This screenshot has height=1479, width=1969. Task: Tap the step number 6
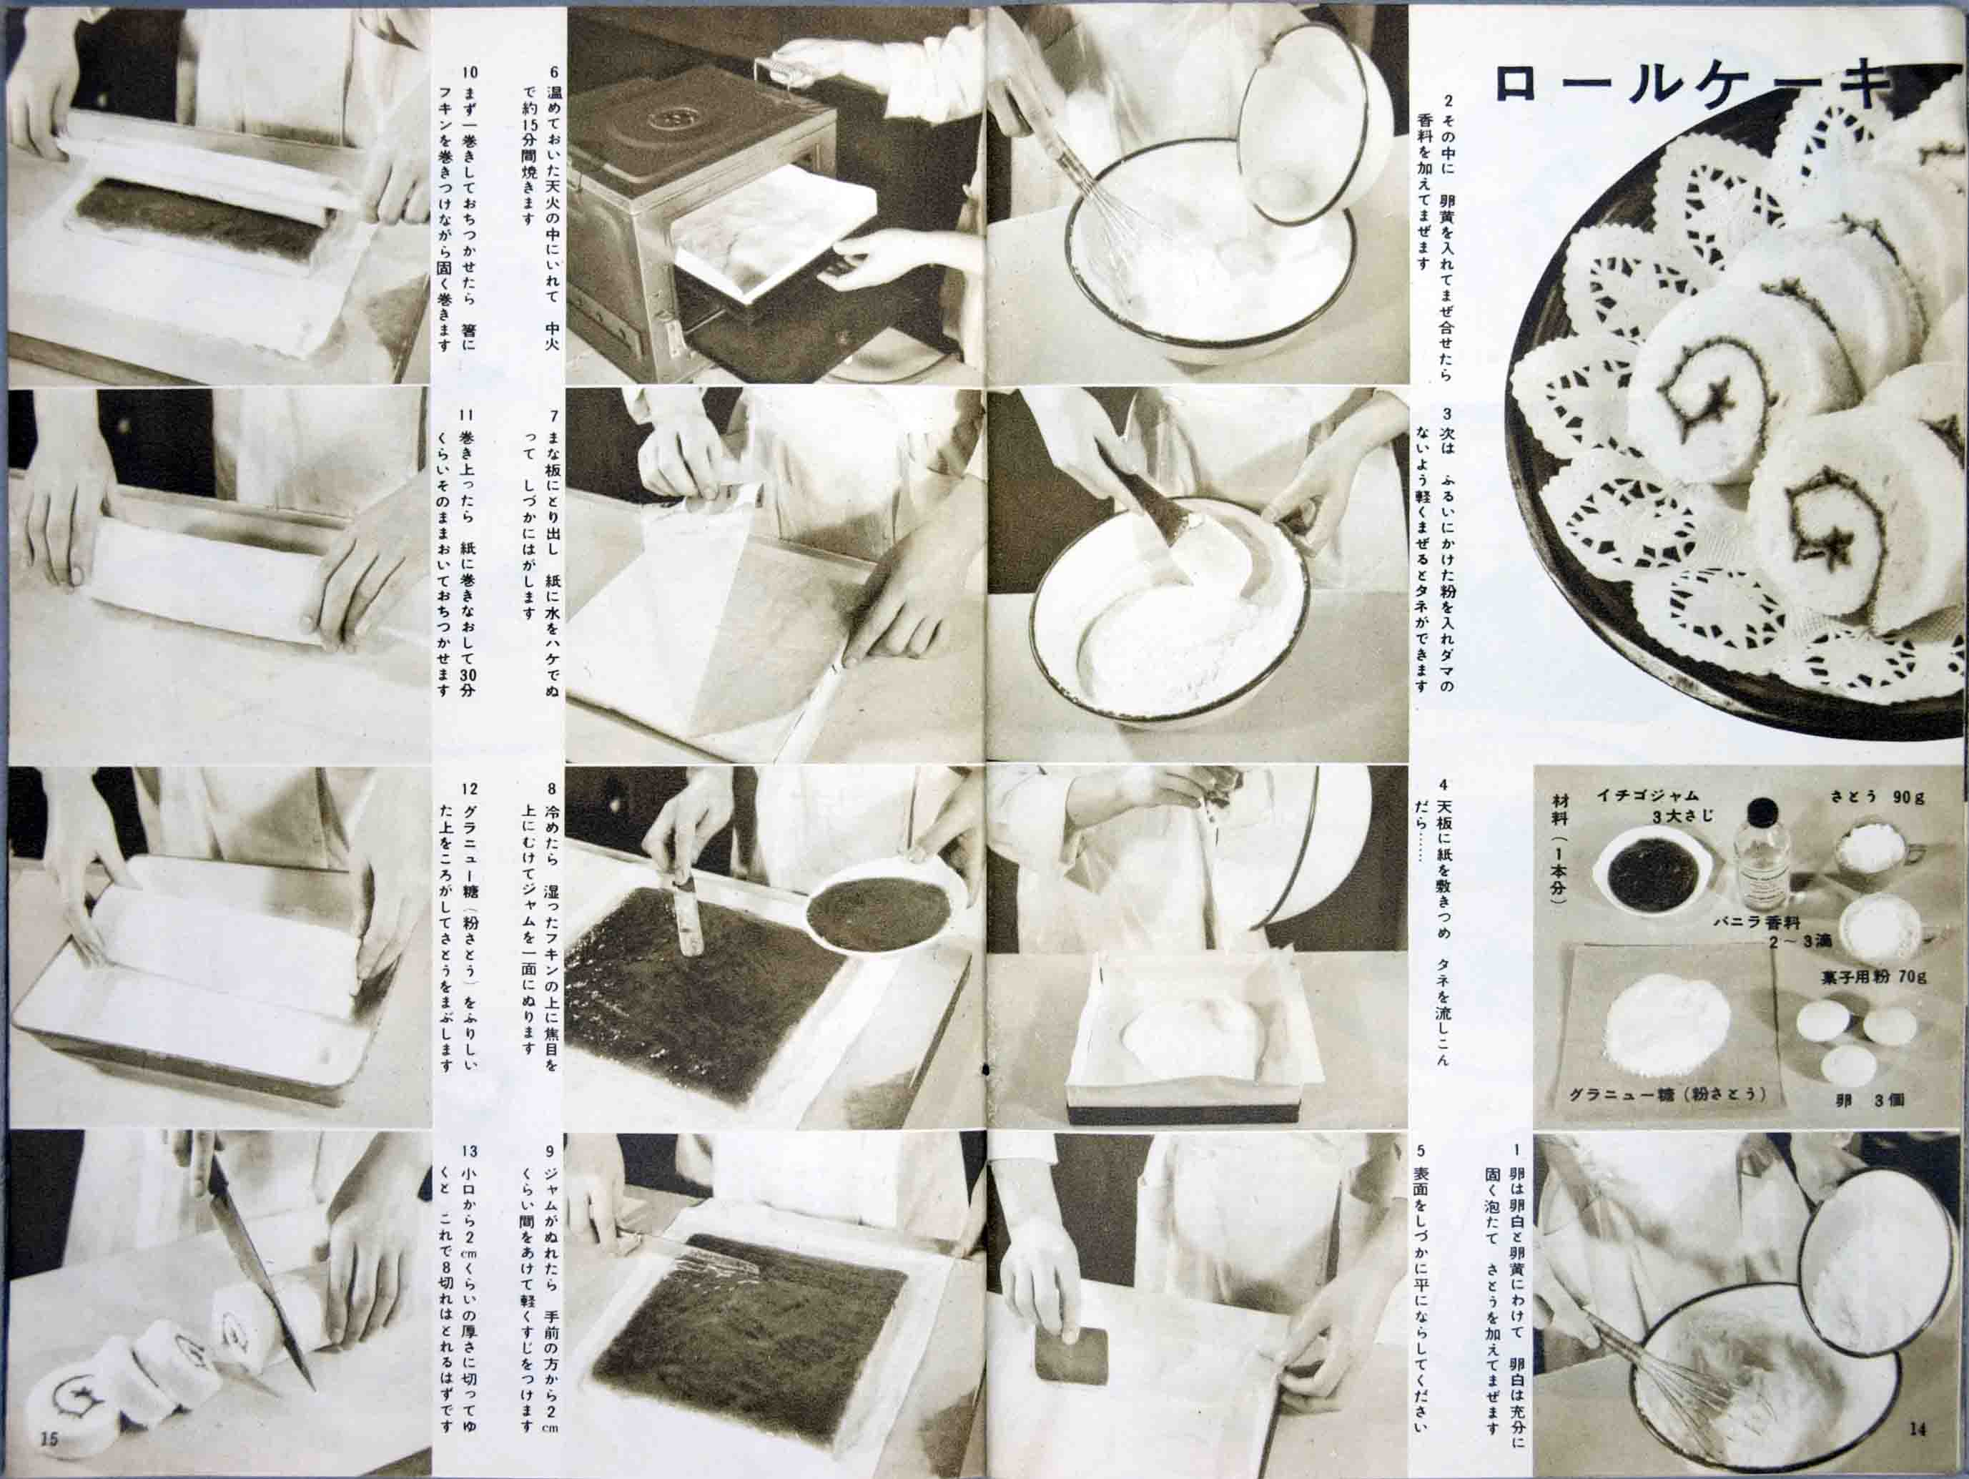point(553,73)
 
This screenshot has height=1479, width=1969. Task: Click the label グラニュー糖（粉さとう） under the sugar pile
point(1672,1094)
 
